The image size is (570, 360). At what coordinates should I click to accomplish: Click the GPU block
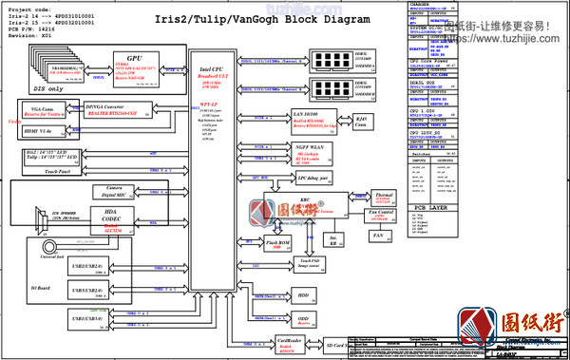click(x=132, y=66)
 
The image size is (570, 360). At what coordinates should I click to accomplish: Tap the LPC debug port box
click(x=313, y=178)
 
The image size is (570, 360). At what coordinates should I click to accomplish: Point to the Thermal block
click(x=383, y=198)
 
